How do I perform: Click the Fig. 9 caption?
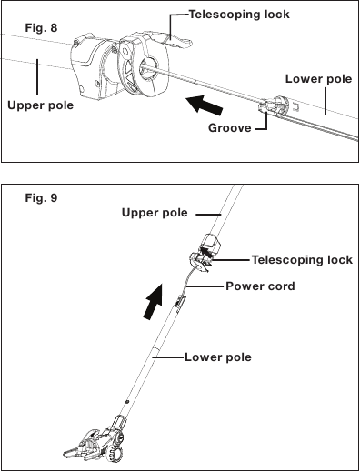(x=40, y=197)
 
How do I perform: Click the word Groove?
(x=230, y=129)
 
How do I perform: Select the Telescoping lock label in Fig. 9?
(x=301, y=260)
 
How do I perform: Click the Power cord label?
(x=260, y=286)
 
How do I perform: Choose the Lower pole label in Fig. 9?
(x=217, y=357)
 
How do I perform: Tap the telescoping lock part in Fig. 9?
(x=208, y=251)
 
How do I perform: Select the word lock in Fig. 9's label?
(x=338, y=260)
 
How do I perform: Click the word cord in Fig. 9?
(x=280, y=286)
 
